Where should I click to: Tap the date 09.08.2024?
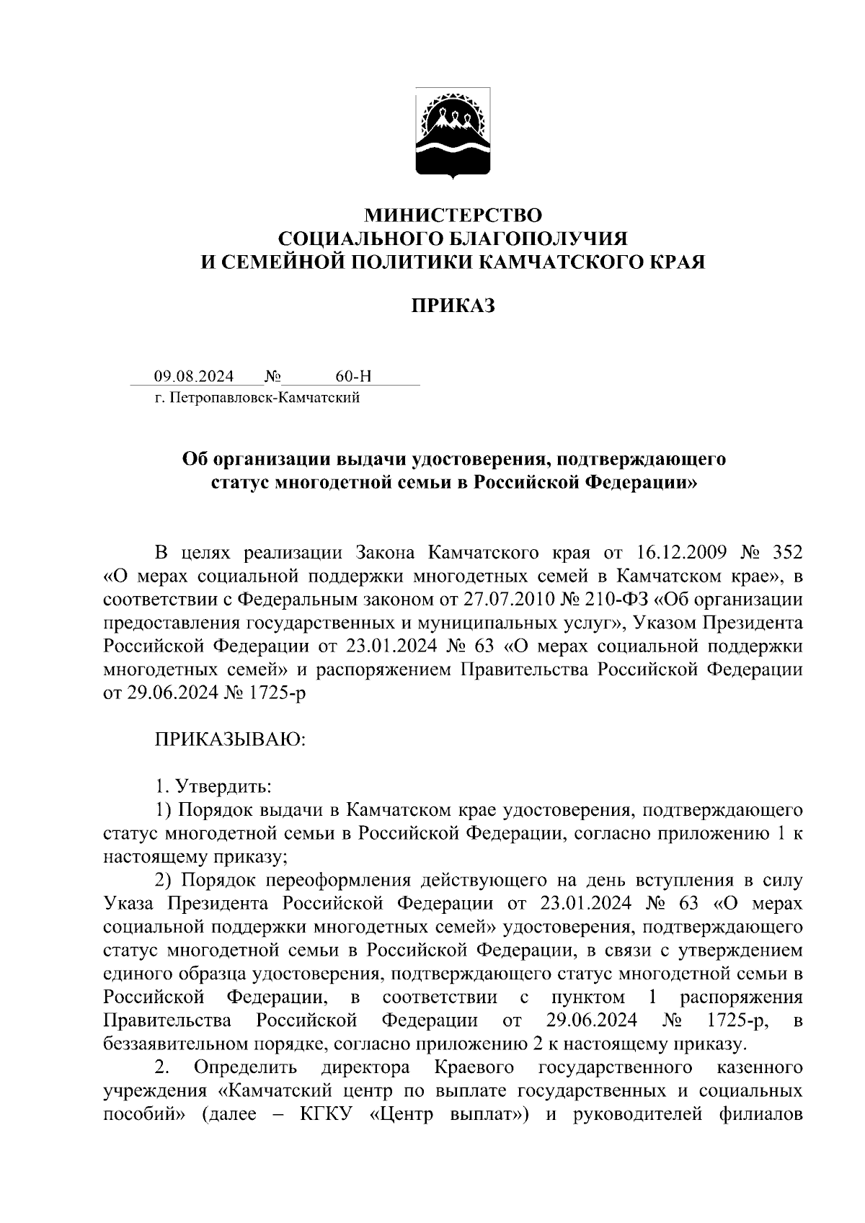click(x=193, y=376)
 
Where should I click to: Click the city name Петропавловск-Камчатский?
click(x=264, y=397)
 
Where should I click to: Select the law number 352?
click(x=786, y=553)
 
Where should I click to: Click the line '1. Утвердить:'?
click(x=213, y=786)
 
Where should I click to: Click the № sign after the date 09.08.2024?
click(x=272, y=376)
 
